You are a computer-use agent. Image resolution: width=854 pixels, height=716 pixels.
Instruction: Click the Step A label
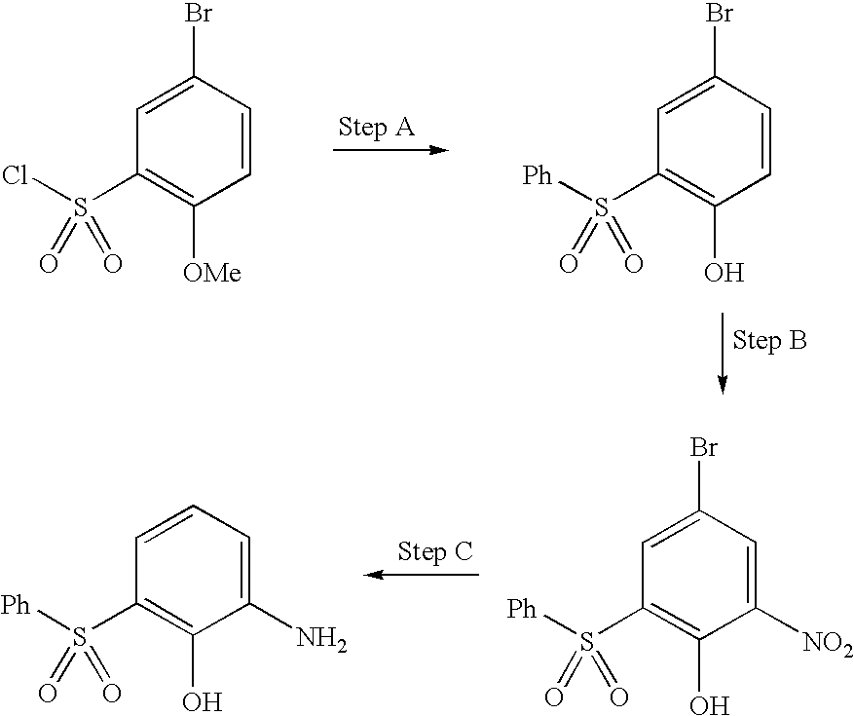(377, 128)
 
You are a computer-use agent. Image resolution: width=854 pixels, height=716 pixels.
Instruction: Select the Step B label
(769, 341)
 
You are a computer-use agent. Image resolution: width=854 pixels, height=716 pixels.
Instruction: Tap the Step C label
(434, 551)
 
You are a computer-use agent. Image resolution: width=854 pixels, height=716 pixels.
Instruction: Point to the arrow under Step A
(390, 151)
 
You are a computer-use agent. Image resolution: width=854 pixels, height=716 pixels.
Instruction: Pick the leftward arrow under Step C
(422, 575)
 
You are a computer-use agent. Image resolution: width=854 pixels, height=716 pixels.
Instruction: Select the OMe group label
(211, 274)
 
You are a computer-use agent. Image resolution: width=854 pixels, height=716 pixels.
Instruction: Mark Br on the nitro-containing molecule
(705, 449)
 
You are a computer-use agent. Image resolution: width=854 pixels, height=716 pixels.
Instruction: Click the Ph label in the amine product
(16, 606)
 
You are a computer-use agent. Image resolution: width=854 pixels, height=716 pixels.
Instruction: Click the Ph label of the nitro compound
(523, 611)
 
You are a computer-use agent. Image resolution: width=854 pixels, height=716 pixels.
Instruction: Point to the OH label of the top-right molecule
(724, 274)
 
